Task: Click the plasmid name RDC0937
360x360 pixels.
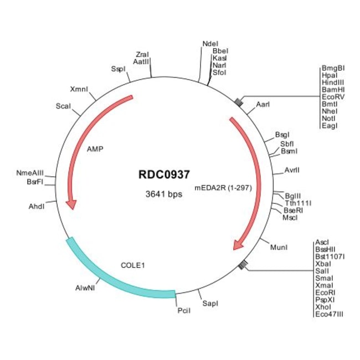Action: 163,174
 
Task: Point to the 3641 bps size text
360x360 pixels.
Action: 163,194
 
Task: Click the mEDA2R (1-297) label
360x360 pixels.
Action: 223,188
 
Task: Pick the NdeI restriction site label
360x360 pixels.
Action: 210,44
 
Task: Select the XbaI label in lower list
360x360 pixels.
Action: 322,265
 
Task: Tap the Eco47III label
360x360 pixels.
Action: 329,314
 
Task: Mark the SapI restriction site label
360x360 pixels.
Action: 210,304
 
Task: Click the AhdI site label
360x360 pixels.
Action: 37,206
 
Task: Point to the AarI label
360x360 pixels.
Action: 264,104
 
